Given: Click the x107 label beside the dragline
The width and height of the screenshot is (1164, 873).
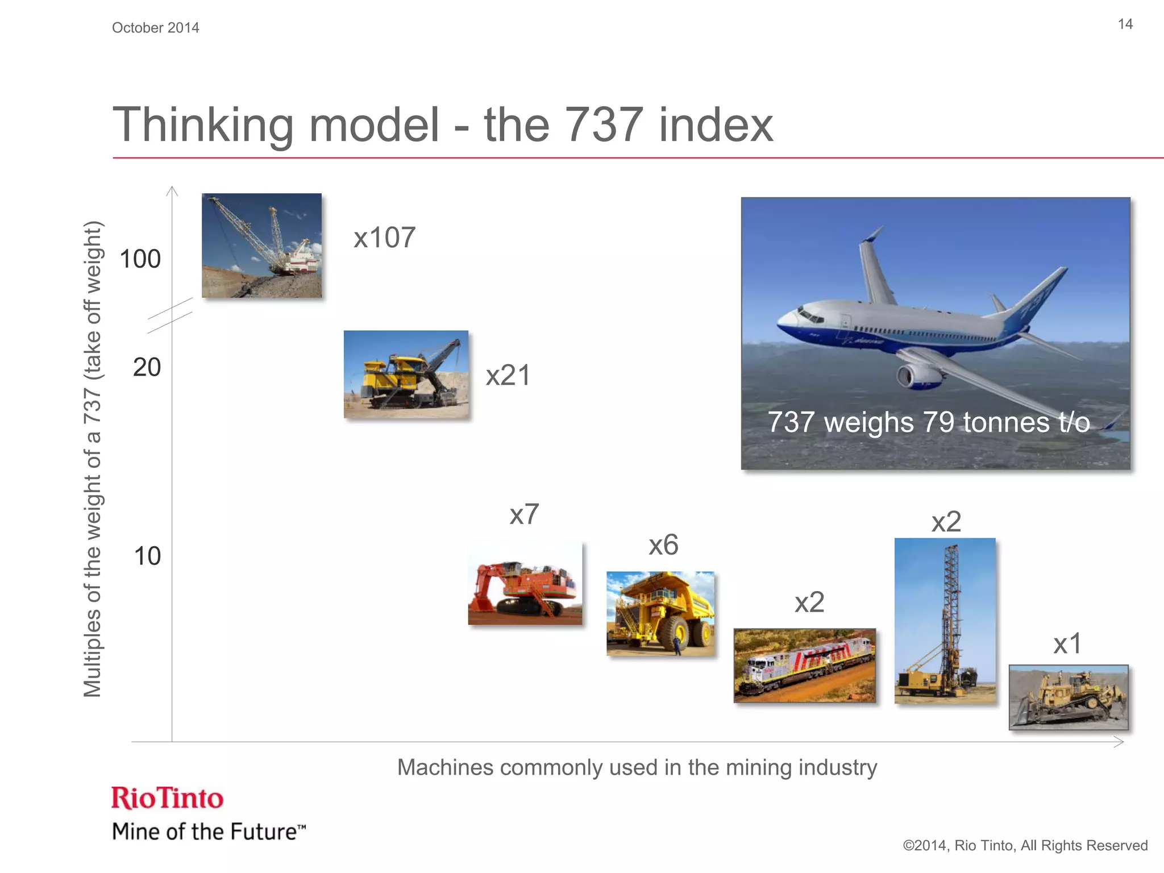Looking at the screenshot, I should (385, 238).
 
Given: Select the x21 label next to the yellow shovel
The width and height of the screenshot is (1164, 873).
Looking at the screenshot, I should (508, 375).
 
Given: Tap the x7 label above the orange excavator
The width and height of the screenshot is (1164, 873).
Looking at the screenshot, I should (524, 514).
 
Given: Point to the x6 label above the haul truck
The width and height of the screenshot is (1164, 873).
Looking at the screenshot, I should (663, 545).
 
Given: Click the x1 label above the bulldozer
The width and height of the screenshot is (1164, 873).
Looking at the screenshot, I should (1067, 644).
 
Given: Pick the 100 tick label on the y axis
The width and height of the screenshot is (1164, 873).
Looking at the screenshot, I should (140, 259).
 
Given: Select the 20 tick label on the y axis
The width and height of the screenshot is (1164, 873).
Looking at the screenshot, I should (147, 368).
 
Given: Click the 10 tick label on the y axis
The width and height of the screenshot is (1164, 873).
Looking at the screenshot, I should (147, 556).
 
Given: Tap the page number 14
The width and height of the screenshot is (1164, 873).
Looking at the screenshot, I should (1125, 24).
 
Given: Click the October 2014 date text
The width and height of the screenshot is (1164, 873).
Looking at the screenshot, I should (155, 28).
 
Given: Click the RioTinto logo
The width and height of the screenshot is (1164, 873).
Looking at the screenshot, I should (168, 798).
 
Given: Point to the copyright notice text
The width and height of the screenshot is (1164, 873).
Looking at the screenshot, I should (1025, 846).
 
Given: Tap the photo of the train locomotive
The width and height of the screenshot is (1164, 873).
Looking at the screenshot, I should (804, 666).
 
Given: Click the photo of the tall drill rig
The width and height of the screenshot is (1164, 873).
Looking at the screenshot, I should (945, 620).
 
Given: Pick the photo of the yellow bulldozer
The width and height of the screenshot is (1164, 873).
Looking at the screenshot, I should (1069, 697).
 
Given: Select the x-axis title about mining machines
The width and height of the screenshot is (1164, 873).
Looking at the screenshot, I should (637, 767).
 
